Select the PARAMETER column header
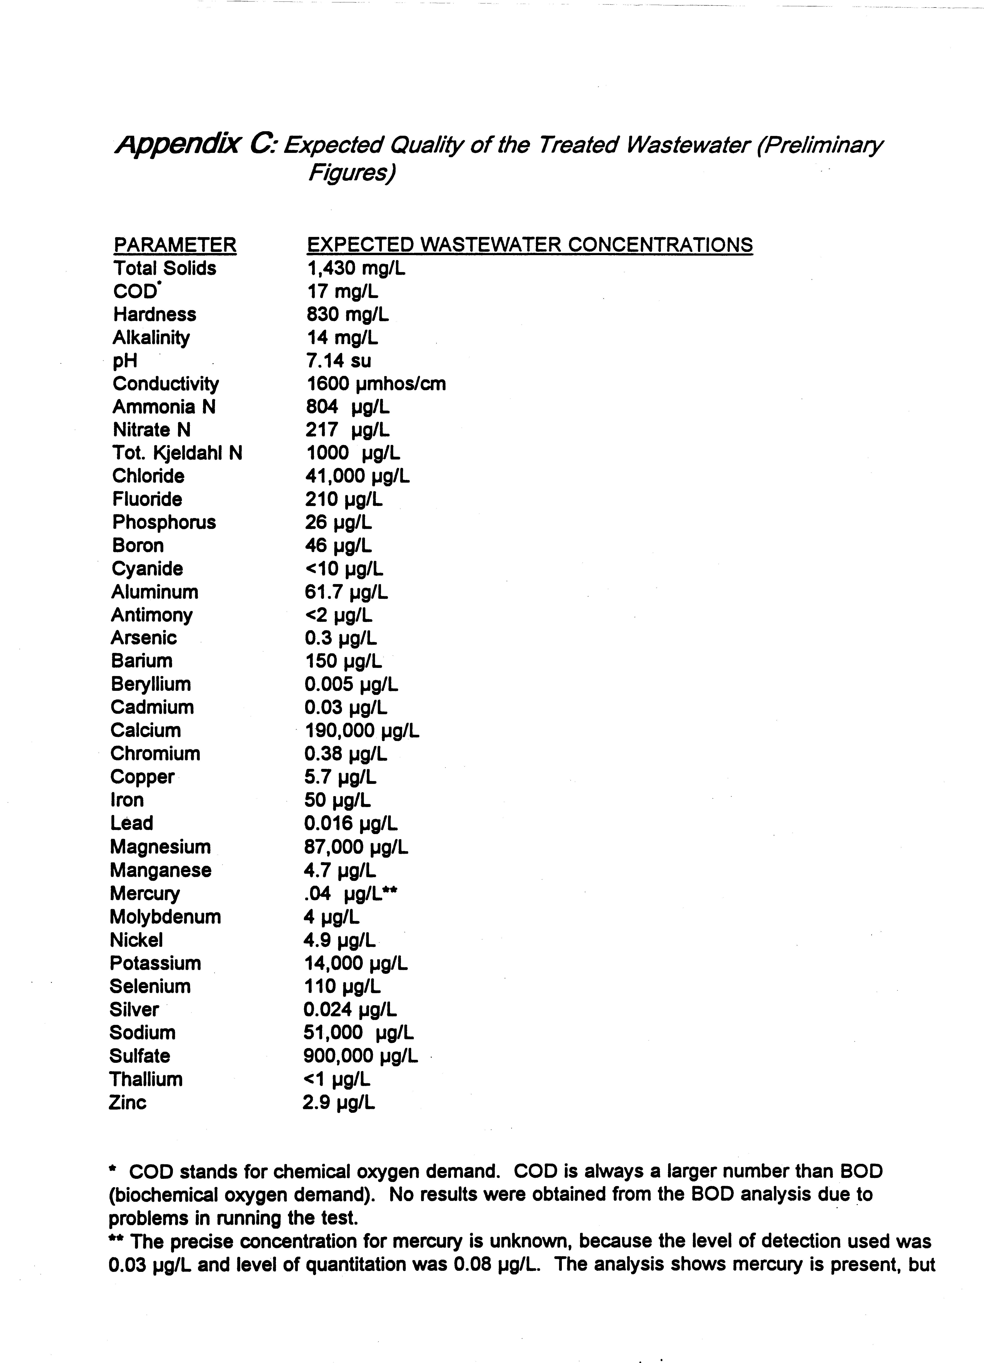tap(175, 245)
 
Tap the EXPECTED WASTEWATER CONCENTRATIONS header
tap(529, 245)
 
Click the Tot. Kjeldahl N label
tap(177, 453)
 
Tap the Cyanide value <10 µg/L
tap(344, 569)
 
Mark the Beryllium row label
tap(151, 685)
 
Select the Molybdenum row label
tap(165, 917)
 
